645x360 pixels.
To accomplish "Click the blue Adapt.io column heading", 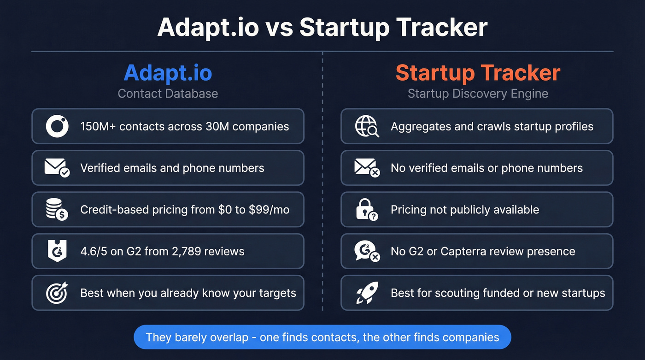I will point(168,73).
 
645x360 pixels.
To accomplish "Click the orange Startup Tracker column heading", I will point(478,73).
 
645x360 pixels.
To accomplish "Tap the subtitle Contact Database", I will point(168,94).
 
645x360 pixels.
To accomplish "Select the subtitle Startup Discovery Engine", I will point(478,94).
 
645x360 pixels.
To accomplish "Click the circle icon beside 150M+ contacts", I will point(57,126).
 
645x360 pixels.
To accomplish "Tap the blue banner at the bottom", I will point(322,337).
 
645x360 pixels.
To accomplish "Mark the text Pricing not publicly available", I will point(464,210).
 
